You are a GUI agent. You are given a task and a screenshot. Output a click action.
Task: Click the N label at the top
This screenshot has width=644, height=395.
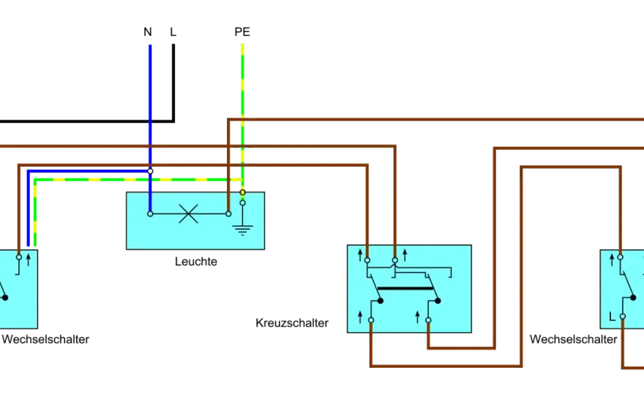[x=148, y=32]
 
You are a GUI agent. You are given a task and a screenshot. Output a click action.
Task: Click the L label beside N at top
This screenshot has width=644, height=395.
[x=173, y=32]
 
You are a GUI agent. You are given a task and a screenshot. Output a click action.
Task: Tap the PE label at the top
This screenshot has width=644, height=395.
[x=242, y=32]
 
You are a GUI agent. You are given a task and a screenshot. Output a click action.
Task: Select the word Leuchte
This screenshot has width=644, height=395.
[x=196, y=262]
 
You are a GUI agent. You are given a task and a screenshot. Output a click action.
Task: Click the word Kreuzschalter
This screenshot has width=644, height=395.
[x=292, y=323]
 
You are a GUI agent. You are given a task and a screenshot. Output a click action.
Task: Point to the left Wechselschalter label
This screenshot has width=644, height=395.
[x=45, y=339]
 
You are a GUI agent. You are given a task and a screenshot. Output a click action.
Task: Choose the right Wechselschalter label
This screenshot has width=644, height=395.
[x=573, y=339]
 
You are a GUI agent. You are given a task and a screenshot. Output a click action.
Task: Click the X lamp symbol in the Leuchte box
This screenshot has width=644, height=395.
[x=189, y=214]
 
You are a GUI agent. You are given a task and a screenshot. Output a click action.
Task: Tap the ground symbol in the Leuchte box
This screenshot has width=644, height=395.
[x=242, y=230]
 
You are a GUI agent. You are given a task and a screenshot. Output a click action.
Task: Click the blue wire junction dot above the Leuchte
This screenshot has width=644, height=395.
[x=150, y=171]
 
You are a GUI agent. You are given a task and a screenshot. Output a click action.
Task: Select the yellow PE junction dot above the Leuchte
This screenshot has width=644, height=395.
[x=243, y=192]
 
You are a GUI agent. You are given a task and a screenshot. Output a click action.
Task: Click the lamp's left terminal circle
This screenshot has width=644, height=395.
[x=150, y=214]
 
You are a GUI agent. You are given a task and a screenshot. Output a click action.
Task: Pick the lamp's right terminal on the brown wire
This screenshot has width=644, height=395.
[x=228, y=214]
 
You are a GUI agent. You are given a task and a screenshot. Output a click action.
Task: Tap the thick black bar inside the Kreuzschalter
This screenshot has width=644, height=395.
[x=405, y=289]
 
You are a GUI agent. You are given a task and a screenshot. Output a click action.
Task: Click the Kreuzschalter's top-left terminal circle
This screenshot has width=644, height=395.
[x=367, y=260]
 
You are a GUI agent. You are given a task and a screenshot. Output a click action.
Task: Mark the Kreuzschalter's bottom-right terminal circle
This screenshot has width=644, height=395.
[x=428, y=320]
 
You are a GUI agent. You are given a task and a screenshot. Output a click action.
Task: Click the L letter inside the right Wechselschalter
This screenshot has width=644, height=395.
[x=612, y=317]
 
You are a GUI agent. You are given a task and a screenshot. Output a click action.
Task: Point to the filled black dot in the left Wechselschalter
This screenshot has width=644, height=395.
[x=5, y=298]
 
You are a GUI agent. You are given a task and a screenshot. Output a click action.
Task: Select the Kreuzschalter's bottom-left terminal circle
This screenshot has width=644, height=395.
[x=371, y=320]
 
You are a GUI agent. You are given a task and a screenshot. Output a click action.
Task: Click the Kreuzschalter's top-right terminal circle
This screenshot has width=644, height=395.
[x=395, y=260]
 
